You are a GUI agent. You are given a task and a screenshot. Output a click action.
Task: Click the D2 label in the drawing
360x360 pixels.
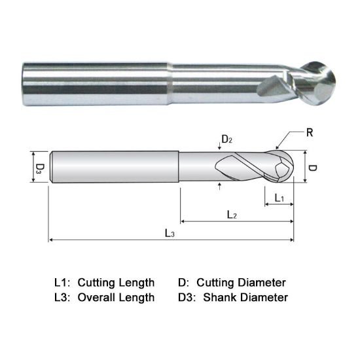point(225,139)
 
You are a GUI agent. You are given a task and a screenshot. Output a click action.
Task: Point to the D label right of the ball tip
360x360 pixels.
point(312,169)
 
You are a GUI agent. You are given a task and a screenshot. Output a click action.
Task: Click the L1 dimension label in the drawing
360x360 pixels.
point(278,197)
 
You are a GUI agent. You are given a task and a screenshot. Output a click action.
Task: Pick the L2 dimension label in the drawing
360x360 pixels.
point(231,214)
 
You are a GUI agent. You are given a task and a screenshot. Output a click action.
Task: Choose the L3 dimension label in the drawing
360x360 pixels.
point(169,233)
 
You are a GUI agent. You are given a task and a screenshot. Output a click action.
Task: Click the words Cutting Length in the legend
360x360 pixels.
point(116,283)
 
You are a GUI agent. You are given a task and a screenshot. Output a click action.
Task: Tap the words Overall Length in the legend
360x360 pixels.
point(116,298)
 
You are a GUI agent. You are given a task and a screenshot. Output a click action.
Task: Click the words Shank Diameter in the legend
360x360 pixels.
point(245,298)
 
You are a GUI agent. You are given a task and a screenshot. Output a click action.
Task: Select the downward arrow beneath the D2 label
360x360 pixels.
point(219,147)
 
